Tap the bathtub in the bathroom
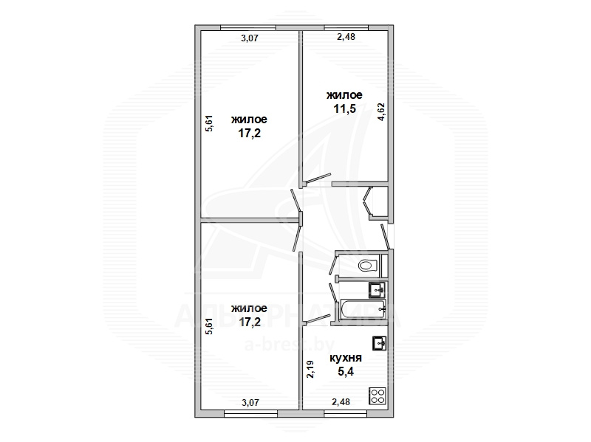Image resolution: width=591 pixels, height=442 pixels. point(363,310)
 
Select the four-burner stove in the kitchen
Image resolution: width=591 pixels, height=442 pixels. point(378,396)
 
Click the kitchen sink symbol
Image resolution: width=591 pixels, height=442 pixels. point(380,343)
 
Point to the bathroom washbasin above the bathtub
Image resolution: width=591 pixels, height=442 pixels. point(377,289)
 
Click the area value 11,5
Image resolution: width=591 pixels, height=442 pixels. point(344,108)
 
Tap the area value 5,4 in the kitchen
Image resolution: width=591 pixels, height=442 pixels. point(346,372)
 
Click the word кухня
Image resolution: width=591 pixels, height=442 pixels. point(346,358)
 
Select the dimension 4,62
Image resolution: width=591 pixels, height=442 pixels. point(381,112)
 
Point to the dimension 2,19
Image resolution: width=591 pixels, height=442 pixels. point(310,370)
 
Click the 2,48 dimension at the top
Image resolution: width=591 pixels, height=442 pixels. point(346,37)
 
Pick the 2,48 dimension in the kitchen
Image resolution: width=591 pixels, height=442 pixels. point(341,402)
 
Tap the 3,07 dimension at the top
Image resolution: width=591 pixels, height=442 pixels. point(250,38)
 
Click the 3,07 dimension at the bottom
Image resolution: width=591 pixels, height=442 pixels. point(250,403)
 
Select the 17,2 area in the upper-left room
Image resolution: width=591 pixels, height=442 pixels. point(250,134)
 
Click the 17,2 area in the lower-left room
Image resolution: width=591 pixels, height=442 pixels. point(250,322)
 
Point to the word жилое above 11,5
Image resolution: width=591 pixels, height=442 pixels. point(344,95)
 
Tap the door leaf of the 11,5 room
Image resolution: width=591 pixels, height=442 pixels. point(318,179)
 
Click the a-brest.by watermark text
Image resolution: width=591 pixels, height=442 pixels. point(290,344)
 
